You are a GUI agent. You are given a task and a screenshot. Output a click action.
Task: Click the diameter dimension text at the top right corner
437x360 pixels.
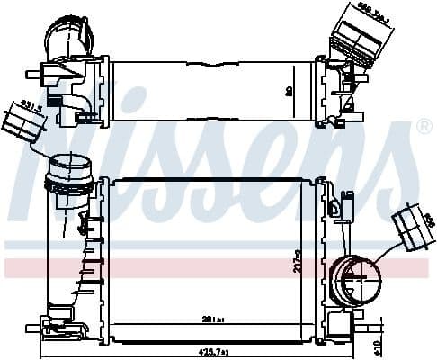[372, 10]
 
